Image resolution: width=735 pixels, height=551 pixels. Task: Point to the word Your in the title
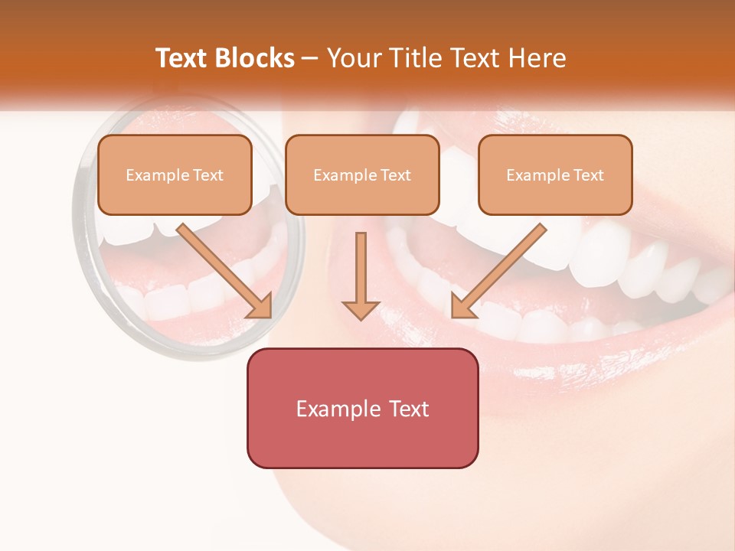tap(352, 58)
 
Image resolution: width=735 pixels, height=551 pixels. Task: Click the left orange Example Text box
tap(175, 175)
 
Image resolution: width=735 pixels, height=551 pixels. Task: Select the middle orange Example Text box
tap(362, 175)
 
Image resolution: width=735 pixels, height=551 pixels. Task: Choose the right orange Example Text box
tap(555, 175)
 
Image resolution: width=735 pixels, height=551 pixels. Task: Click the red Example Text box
tap(362, 408)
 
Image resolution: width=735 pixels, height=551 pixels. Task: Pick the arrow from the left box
tap(222, 268)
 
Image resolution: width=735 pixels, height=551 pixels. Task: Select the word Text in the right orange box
tap(588, 175)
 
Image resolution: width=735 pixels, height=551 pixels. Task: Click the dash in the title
tap(310, 58)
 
